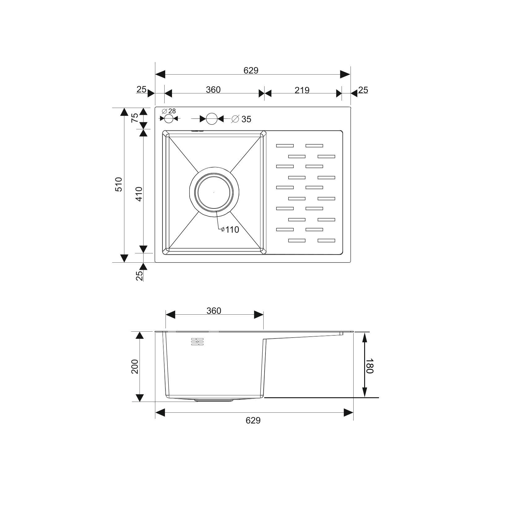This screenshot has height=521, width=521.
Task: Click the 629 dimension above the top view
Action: coord(251,71)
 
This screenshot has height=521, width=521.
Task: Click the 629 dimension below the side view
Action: coord(253,420)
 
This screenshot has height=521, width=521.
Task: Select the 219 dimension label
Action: coord(302,90)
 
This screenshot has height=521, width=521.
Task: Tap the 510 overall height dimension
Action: coord(119,184)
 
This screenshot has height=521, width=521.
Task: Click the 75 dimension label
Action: coord(135,118)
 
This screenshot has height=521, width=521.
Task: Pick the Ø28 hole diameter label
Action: coord(169,111)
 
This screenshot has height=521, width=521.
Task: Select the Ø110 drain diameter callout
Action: coord(230,230)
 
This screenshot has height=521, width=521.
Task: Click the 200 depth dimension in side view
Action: coord(135,367)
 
